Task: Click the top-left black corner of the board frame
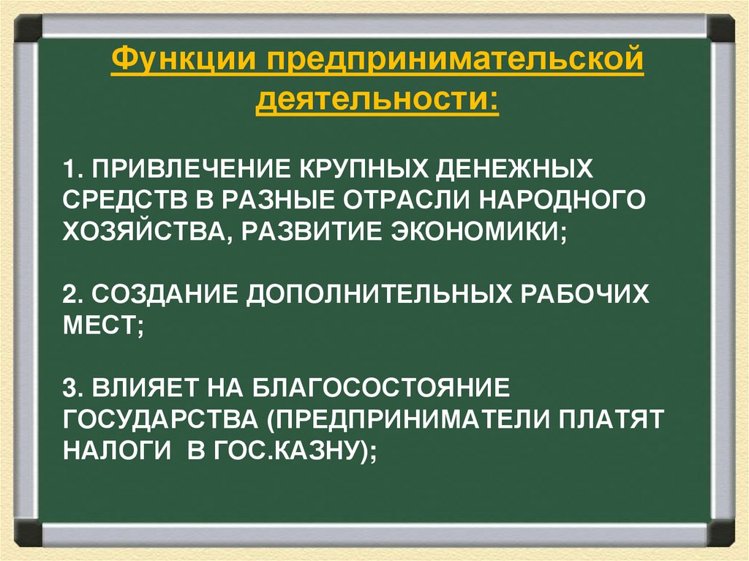coord(29,29)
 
